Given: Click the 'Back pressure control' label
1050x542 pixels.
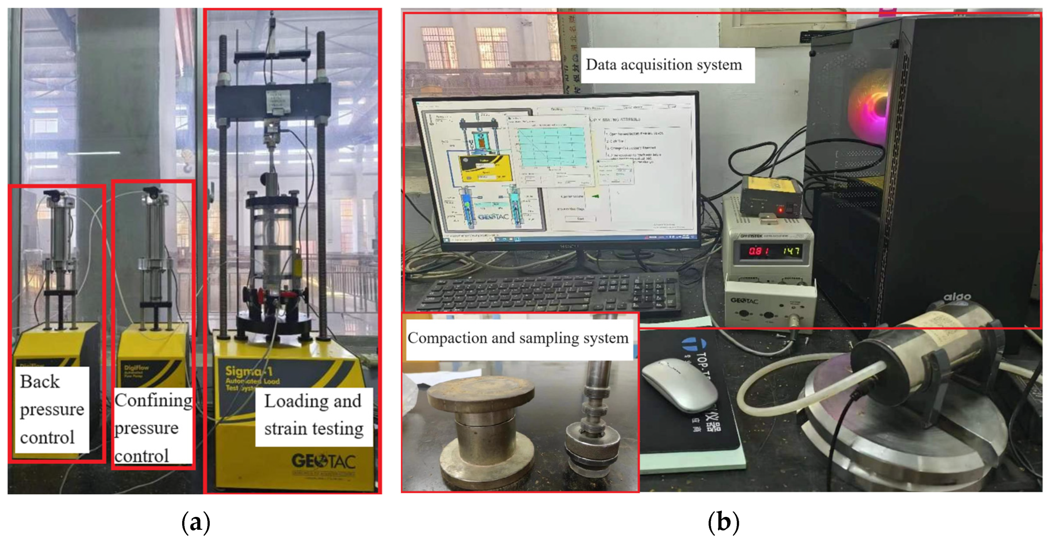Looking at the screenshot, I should point(52,409).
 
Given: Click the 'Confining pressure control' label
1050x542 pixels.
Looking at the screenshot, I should point(153,427).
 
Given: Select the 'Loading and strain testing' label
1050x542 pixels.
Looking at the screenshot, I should point(314,415).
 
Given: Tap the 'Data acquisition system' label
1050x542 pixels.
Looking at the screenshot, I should point(664,65).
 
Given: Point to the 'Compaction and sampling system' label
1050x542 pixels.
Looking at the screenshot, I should point(518,338).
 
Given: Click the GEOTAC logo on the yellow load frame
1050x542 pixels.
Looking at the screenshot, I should point(324,461).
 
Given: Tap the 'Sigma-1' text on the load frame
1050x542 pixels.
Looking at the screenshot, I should point(249,371).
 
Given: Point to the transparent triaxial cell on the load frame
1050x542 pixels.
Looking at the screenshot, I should point(271,245).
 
